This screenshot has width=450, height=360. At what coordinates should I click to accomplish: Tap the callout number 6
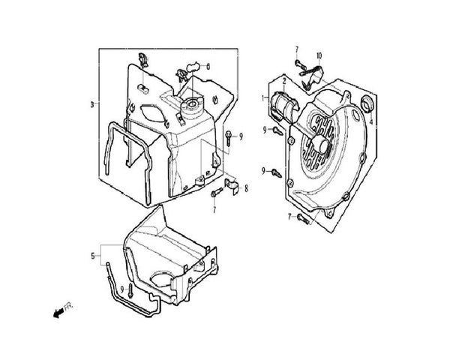pyautogui.click(x=208, y=67)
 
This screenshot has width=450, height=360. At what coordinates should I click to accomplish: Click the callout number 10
pyautogui.click(x=318, y=55)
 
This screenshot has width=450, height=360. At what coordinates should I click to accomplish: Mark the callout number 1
pyautogui.click(x=263, y=97)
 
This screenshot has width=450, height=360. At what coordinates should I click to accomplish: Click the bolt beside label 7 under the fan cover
pyautogui.click(x=302, y=219)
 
